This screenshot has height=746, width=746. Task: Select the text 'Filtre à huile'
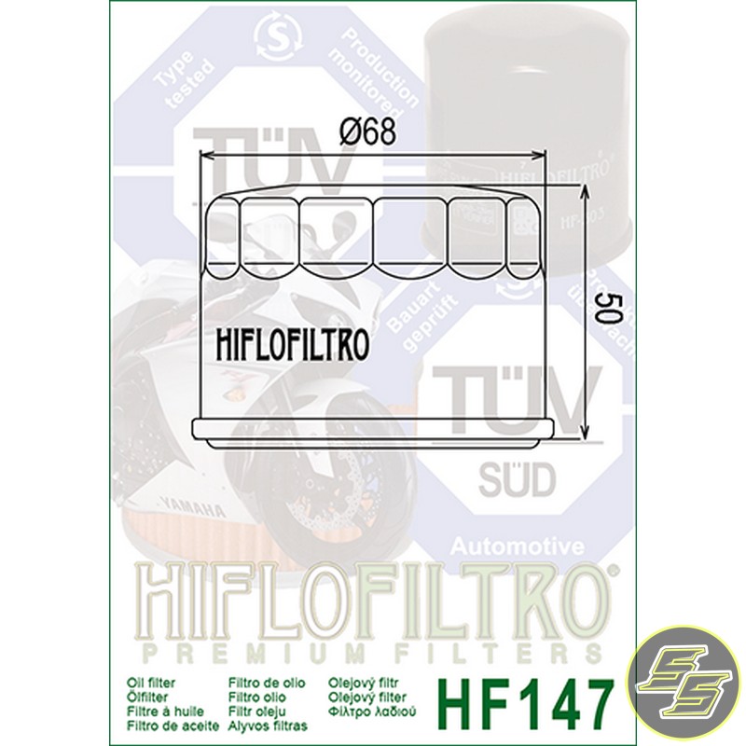166,710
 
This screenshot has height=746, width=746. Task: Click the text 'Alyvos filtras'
267,723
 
